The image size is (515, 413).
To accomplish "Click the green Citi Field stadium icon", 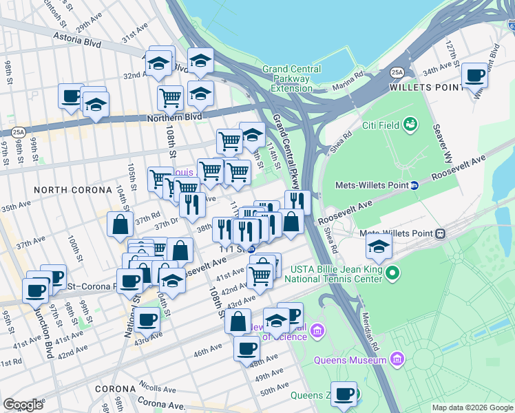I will tap(411, 124).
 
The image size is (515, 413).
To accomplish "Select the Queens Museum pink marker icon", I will tap(397, 359).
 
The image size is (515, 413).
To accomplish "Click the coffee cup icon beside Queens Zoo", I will tap(344, 394).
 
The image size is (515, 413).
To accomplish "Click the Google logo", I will tap(23, 405).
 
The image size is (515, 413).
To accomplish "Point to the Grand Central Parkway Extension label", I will tap(291, 78).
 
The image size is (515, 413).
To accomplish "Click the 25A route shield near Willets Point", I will tap(397, 72).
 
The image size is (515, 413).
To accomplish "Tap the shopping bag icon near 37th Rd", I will tap(120, 224).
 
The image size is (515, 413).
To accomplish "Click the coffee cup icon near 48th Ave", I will tap(246, 349).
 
